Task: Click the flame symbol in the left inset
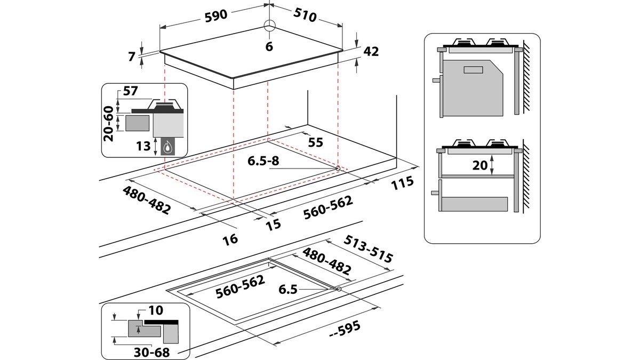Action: [168, 146]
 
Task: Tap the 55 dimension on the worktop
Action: [316, 142]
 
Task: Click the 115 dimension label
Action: [402, 182]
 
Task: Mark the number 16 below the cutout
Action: [230, 239]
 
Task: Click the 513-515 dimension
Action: [370, 249]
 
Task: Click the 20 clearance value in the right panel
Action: [480, 165]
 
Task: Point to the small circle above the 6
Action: [269, 26]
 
